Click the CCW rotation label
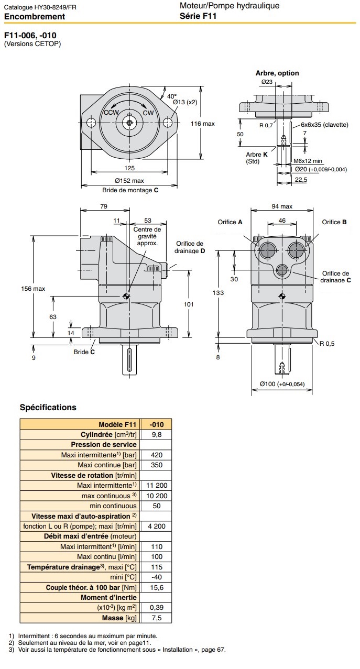pyautogui.click(x=111, y=113)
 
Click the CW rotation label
pyautogui.click(x=148, y=113)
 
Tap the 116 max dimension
pyautogui.click(x=203, y=124)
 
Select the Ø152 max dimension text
pyautogui.click(x=129, y=181)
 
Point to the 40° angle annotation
pyautogui.click(x=172, y=96)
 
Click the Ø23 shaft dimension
pyautogui.click(x=267, y=82)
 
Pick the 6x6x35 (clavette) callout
pyautogui.click(x=324, y=125)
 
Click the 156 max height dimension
pyautogui.click(x=33, y=289)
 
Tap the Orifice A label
pyautogui.click(x=230, y=222)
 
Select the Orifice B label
pyautogui.click(x=334, y=222)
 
